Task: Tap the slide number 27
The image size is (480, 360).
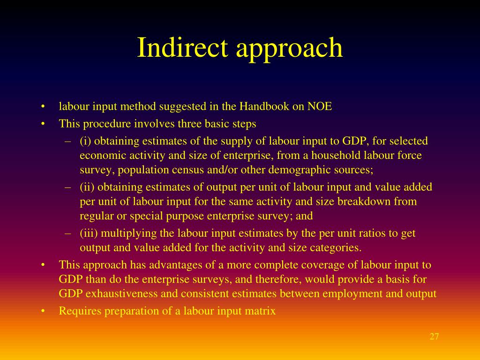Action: point(434,337)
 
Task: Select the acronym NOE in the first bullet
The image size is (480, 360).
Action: point(320,106)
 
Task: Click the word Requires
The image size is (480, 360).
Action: point(80,310)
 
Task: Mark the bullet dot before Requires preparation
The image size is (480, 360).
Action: point(43,310)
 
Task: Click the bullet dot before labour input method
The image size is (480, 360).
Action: point(43,106)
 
